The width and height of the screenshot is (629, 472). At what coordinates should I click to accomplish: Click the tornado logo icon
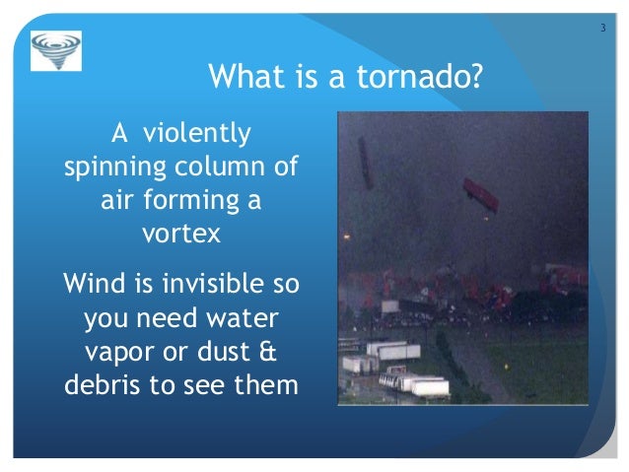pyautogui.click(x=56, y=50)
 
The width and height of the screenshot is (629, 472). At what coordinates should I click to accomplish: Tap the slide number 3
pyautogui.click(x=602, y=26)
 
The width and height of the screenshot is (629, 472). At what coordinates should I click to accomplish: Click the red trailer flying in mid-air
pyautogui.click(x=480, y=195)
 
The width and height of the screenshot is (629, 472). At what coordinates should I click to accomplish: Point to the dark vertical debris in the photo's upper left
pyautogui.click(x=365, y=163)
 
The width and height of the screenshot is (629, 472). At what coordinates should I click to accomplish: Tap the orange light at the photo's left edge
pyautogui.click(x=346, y=237)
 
